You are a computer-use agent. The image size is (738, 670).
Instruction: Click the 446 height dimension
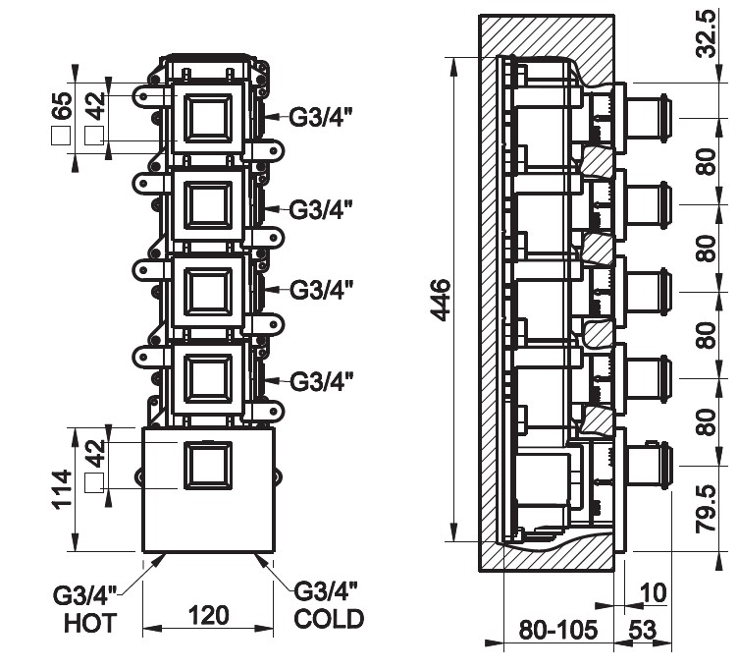pos(439,301)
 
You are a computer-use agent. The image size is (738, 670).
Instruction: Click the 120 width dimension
pos(208,616)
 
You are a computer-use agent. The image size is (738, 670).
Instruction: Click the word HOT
pos(89,622)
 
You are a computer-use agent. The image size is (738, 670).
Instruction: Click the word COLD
pos(330,619)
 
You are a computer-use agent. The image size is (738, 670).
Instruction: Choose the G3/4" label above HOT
pos(85,594)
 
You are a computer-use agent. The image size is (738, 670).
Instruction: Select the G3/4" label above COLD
pos(326,591)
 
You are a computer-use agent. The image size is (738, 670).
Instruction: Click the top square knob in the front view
pos(208,117)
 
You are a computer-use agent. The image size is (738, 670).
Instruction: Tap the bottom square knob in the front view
pos(207,466)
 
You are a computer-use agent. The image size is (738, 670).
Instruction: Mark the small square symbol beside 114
pos(94,481)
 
